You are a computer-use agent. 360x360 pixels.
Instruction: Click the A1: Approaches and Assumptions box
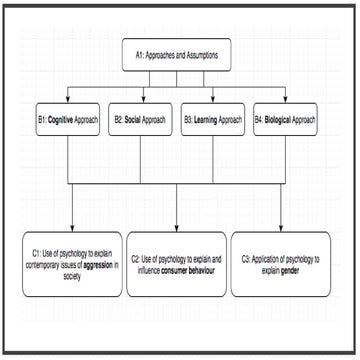point(176,57)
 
